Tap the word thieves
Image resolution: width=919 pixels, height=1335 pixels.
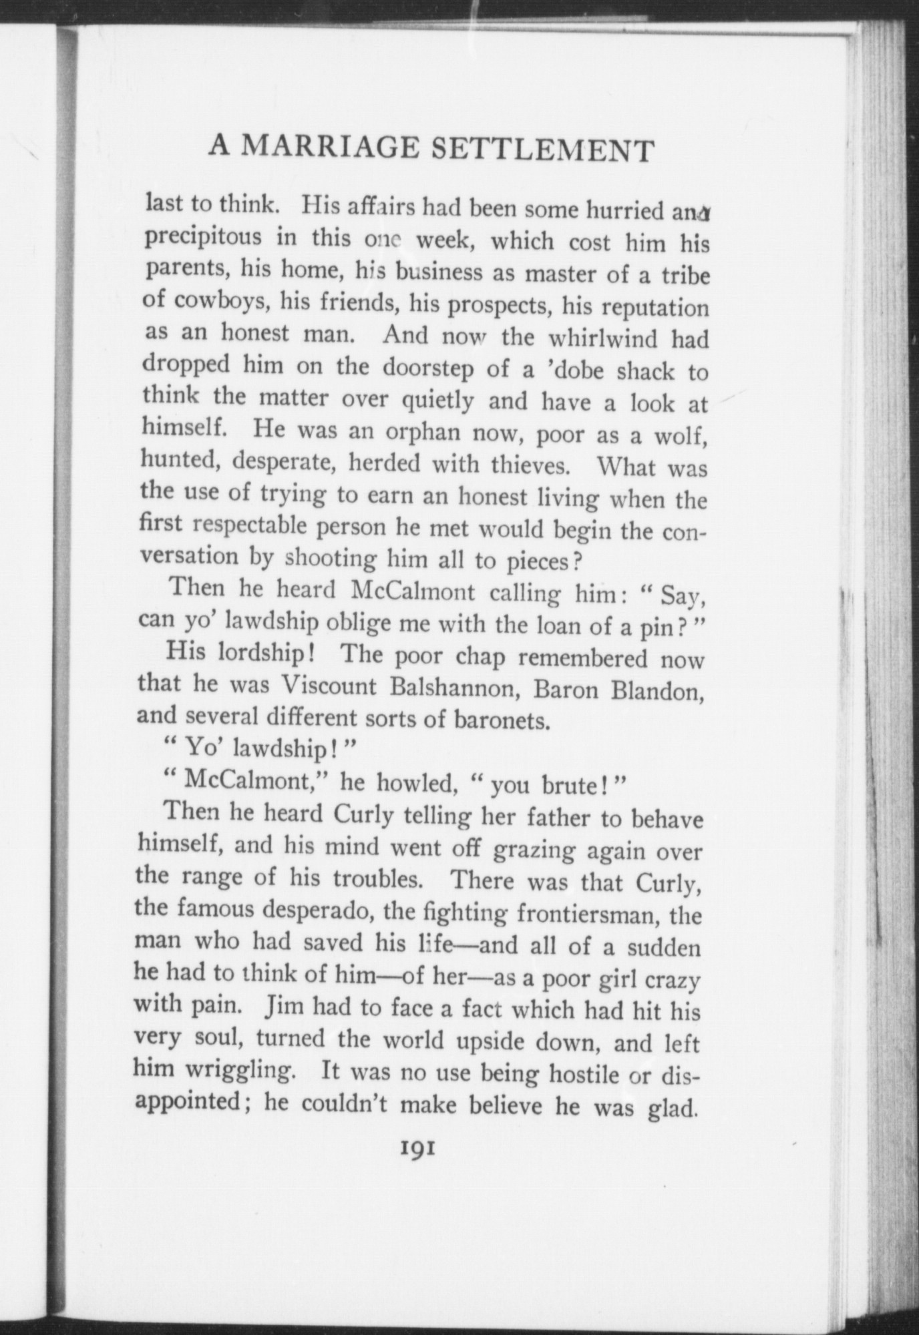pyautogui.click(x=528, y=465)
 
